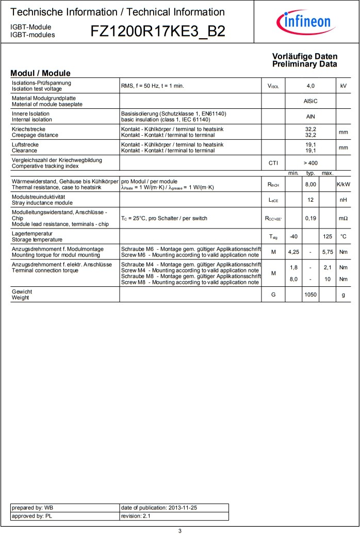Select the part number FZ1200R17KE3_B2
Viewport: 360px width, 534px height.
[x=158, y=31]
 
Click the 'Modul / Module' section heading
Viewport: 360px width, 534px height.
[x=40, y=73]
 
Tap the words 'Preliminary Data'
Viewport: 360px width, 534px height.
[x=305, y=64]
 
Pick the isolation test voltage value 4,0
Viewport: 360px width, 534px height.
[x=310, y=86]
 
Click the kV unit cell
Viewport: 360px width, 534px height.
[x=343, y=86]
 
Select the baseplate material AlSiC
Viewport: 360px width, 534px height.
[x=310, y=101]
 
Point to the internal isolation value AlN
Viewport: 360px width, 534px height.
[x=310, y=117]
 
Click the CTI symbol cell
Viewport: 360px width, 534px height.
[x=273, y=163]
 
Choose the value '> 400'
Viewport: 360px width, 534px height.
[x=310, y=163]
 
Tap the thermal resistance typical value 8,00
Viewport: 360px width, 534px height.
[x=310, y=184]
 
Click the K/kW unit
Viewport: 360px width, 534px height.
[x=343, y=184]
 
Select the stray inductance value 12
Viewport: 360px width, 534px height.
[x=310, y=200]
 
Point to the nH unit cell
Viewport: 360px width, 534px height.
[x=343, y=200]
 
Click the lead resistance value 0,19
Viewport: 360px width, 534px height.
[x=310, y=218]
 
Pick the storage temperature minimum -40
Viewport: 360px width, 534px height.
[x=293, y=237]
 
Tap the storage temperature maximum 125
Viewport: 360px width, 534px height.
[x=328, y=237]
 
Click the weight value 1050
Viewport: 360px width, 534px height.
[x=310, y=295]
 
